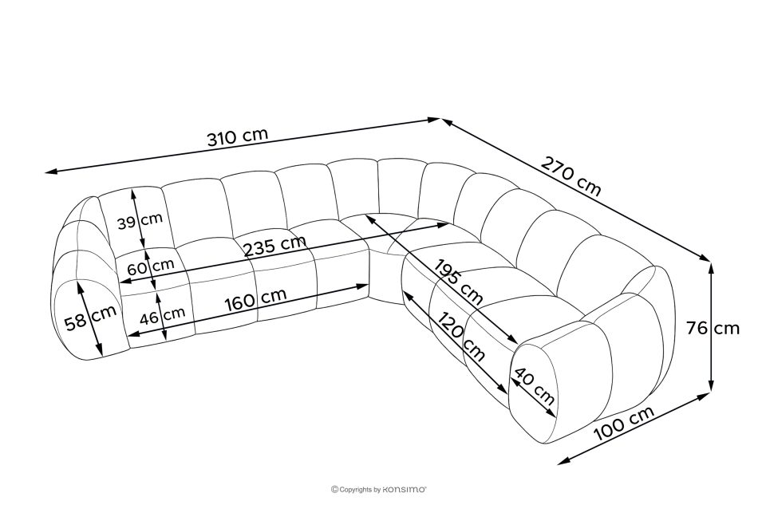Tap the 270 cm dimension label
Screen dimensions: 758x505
pyautogui.click(x=571, y=176)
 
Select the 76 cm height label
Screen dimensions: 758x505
pyautogui.click(x=713, y=328)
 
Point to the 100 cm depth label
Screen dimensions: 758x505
pyautogui.click(x=624, y=423)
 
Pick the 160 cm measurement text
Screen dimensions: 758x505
pyautogui.click(x=256, y=300)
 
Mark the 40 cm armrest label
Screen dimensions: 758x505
pyautogui.click(x=534, y=386)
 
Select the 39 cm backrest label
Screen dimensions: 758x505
pyautogui.click(x=140, y=220)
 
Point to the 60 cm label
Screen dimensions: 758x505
pyautogui.click(x=151, y=266)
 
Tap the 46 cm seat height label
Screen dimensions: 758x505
pyautogui.click(x=163, y=316)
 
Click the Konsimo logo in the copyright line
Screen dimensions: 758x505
pyautogui.click(x=405, y=490)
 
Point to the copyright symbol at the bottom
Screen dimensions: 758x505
pyautogui.click(x=334, y=490)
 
